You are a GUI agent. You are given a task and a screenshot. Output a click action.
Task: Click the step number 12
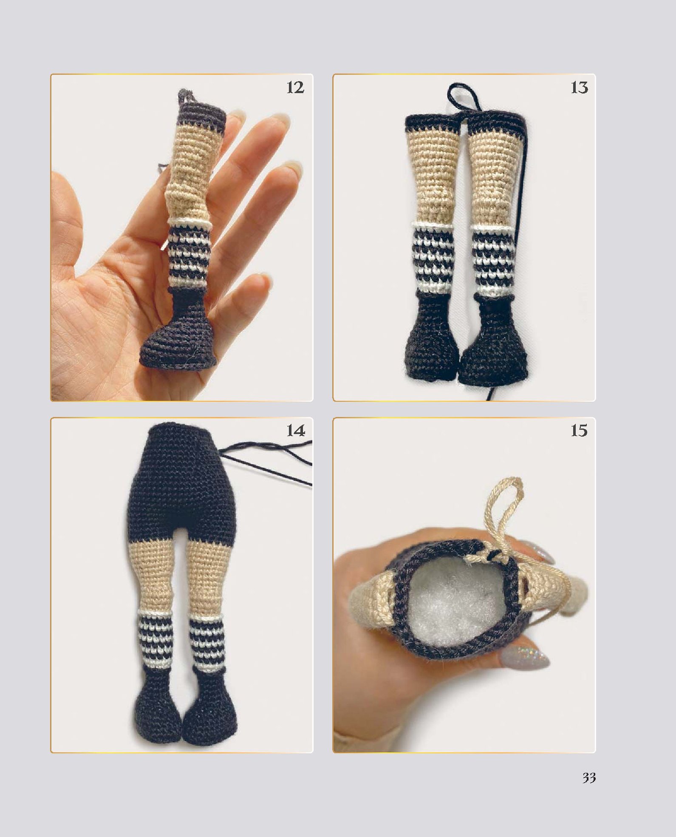pos(295,88)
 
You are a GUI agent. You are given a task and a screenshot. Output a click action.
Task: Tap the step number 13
pos(579,88)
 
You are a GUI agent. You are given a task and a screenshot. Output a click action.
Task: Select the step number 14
pos(296,431)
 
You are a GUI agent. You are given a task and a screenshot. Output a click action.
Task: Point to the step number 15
pos(579,431)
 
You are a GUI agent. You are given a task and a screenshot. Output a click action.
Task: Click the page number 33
pos(589,778)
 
